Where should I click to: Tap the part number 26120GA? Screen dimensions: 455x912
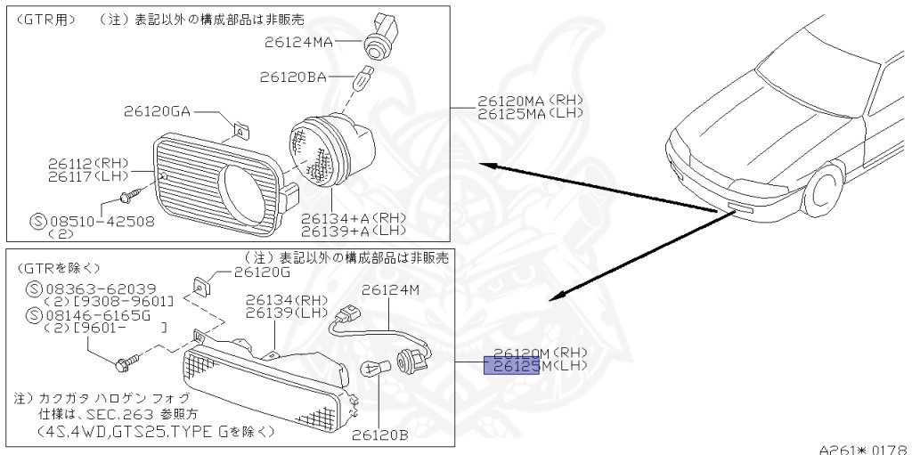coord(158,111)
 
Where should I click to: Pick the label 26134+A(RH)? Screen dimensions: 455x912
coord(352,217)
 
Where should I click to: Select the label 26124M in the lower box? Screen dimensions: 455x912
coord(390,289)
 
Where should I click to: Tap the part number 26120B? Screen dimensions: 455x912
coord(380,435)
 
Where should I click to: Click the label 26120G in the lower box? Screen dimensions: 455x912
coord(263,273)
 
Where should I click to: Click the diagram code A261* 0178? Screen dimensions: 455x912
coord(862,448)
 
